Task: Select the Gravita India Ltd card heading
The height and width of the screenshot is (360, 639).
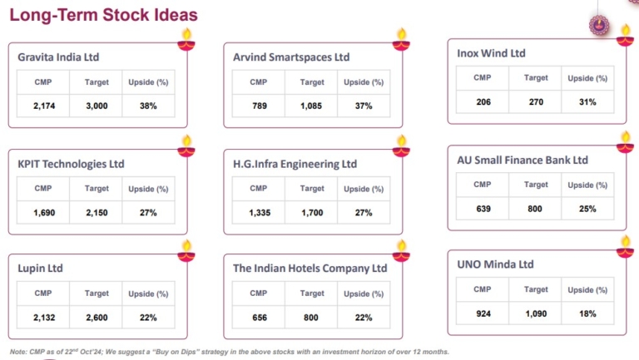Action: [x=58, y=57]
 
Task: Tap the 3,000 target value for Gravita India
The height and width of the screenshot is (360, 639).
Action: [x=97, y=106]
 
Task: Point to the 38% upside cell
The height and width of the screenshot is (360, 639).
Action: [x=149, y=106]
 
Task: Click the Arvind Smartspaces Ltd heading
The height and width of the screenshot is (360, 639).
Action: [x=291, y=57]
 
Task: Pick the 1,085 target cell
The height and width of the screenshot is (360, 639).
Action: [x=312, y=106]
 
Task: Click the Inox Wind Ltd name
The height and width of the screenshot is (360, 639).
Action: [x=491, y=53]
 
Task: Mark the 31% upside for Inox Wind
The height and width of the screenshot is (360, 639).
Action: [x=588, y=101]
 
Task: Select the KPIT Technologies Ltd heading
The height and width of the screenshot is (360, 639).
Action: [x=71, y=164]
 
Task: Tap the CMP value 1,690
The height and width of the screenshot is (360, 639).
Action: [x=44, y=213]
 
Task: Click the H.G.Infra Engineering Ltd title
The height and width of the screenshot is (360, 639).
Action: [x=295, y=164]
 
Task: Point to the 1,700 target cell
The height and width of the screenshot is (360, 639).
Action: [x=312, y=213]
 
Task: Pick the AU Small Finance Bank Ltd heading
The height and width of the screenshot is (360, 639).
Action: [x=523, y=160]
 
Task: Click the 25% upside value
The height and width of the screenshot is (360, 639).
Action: [x=588, y=209]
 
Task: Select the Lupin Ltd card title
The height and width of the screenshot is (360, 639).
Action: [x=40, y=269]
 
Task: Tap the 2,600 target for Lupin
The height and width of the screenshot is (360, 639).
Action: [x=97, y=318]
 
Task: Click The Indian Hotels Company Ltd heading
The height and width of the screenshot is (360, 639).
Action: [x=310, y=269]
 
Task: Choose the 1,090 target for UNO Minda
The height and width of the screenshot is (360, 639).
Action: [x=536, y=313]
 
